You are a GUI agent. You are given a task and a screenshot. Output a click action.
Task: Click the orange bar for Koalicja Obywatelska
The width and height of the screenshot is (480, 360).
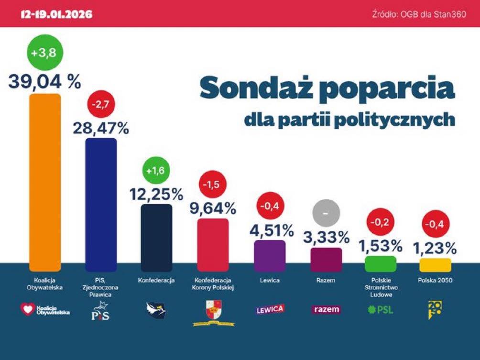tap(45, 182)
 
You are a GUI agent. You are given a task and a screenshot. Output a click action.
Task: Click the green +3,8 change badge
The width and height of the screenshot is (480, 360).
tap(44, 54)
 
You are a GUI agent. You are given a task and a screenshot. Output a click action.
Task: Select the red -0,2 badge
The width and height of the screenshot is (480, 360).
tap(381, 222)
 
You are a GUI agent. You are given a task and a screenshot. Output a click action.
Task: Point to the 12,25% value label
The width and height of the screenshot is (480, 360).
tap(157, 194)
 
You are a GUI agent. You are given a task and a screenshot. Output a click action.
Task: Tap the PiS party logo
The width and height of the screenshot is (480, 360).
tap(100, 314)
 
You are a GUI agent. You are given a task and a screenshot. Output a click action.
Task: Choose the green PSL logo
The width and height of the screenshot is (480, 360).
tap(380, 309)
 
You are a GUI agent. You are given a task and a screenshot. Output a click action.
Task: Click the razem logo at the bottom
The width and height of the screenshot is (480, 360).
tap(326, 309)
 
